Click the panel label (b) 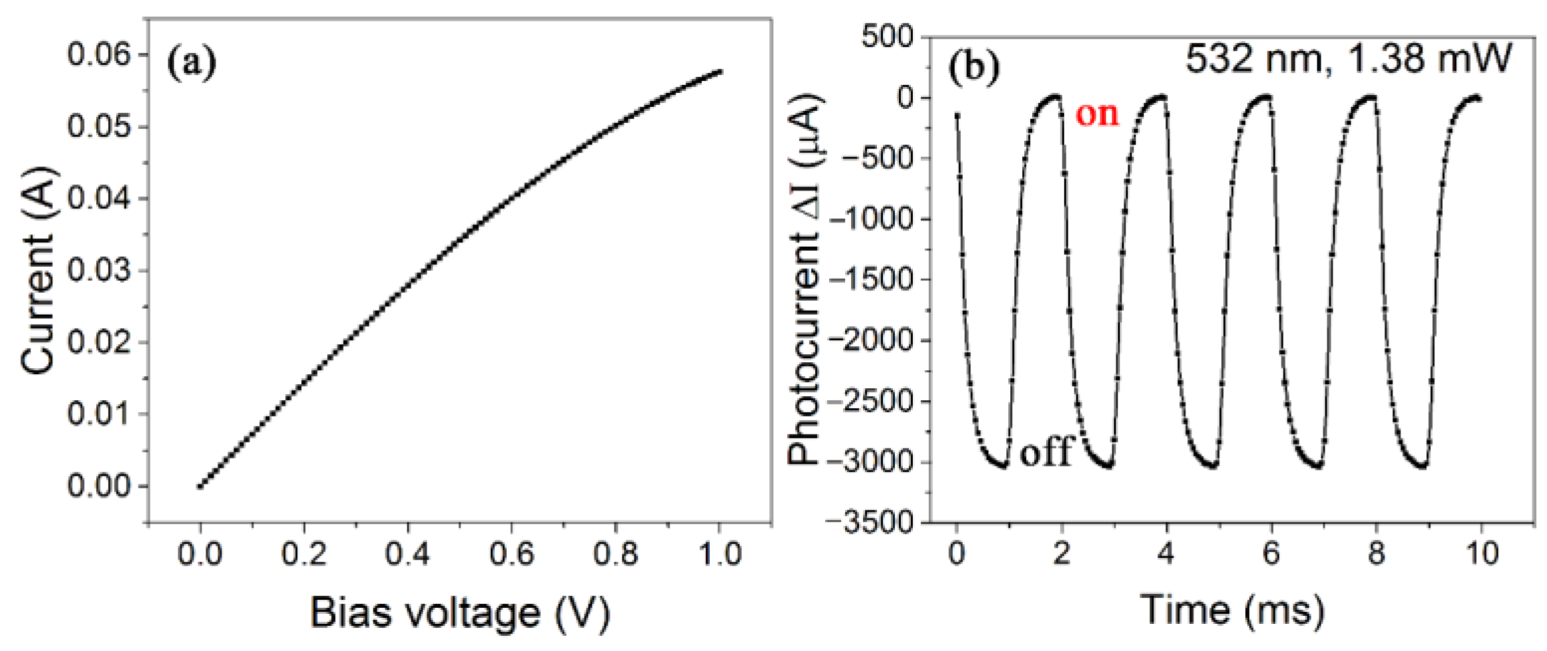[x=973, y=68]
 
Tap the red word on [x=1097, y=114]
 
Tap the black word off [x=1045, y=453]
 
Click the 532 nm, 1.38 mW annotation [x=1347, y=60]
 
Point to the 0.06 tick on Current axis [x=99, y=54]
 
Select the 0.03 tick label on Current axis [x=99, y=270]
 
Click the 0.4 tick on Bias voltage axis [x=407, y=553]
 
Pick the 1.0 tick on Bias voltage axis [x=720, y=553]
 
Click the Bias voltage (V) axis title [x=459, y=613]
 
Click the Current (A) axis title [x=38, y=270]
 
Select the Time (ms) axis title [x=1232, y=610]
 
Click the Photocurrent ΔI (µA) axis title [x=805, y=279]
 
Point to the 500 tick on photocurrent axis [x=887, y=36]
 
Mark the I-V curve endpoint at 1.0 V [x=720, y=72]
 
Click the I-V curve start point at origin [x=200, y=486]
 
